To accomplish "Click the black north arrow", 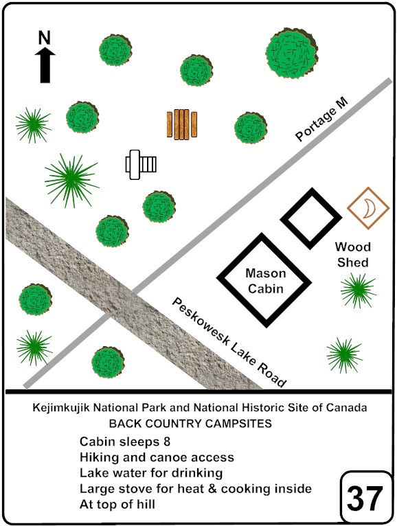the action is coord(45,65).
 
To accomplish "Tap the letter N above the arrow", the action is coord(44,38).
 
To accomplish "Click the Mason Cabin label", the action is coord(265,281).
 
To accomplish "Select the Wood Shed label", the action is coord(353,255).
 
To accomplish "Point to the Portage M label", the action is coord(321,119).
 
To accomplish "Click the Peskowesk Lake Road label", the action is coord(229,343).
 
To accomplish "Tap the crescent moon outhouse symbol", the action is coord(368,208).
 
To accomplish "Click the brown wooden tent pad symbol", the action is coord(182,124).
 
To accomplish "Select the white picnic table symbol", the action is coord(141,164).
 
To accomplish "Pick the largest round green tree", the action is coord(292,54).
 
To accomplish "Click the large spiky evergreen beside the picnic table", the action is coord(71,181).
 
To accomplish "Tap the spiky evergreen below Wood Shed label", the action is coord(358,290).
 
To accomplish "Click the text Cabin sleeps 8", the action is coord(125,442).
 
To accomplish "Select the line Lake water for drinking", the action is coord(151,473).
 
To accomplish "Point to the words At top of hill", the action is coord(117,504).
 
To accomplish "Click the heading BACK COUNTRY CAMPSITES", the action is coord(190,424).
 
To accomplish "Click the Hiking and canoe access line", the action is coord(157,457).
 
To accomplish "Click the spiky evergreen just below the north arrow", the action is coord(33,125).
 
